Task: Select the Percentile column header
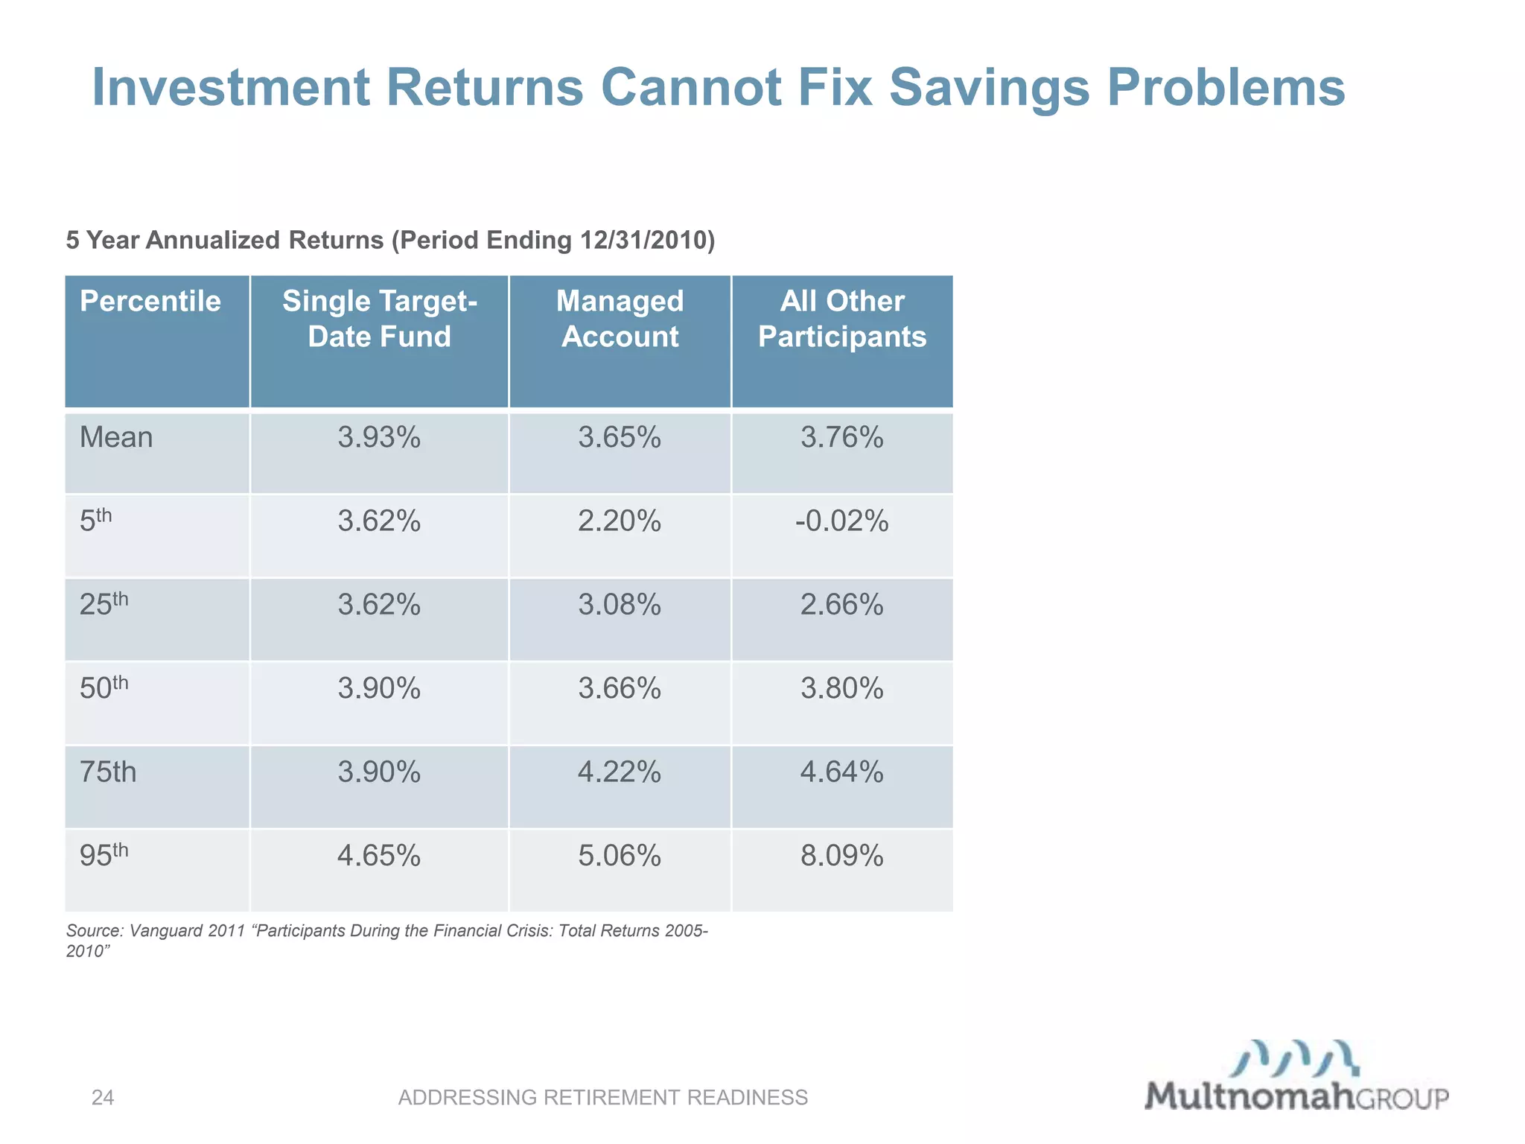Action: (x=150, y=302)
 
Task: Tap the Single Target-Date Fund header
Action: (x=379, y=319)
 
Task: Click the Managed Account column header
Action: (x=620, y=319)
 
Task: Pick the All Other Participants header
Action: (x=842, y=319)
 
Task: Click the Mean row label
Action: (x=116, y=437)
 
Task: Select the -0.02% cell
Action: (x=842, y=521)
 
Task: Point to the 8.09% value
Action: (x=842, y=856)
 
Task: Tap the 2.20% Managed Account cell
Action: (x=620, y=521)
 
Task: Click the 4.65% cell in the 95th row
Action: (x=379, y=856)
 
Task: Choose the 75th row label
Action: (x=109, y=772)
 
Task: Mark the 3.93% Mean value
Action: (x=379, y=437)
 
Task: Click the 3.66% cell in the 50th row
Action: (x=620, y=688)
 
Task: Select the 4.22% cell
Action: (x=620, y=772)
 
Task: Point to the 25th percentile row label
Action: (x=104, y=603)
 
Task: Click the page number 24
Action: (x=103, y=1097)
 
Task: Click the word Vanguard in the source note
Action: (x=166, y=931)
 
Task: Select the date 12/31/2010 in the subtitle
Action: (x=639, y=241)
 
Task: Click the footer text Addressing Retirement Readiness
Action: (x=603, y=1097)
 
